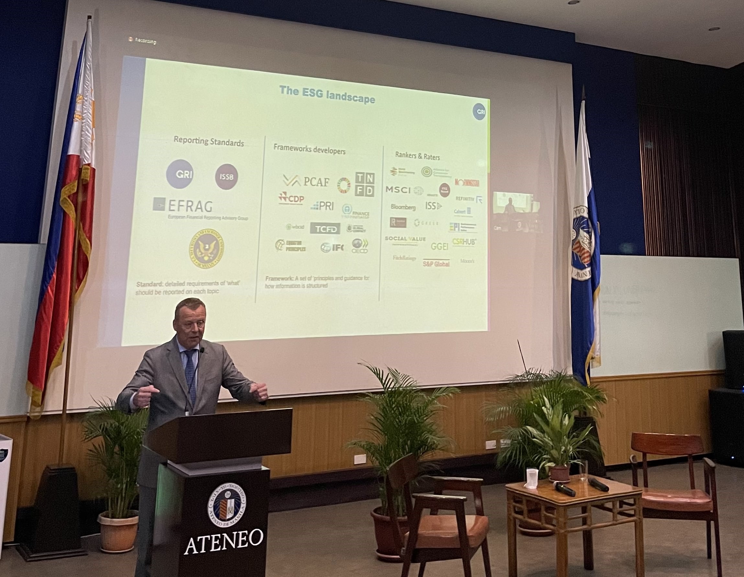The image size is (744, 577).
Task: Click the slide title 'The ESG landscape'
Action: [327, 95]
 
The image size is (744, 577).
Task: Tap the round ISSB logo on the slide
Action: [227, 177]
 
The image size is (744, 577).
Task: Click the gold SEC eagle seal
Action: [206, 249]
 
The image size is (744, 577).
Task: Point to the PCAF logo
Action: [306, 181]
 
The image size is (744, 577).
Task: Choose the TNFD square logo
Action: [365, 184]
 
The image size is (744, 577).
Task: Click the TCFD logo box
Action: [325, 229]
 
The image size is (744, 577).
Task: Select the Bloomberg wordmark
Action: [403, 207]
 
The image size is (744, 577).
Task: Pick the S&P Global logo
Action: [436, 263]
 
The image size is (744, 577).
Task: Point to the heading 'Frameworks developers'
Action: [309, 149]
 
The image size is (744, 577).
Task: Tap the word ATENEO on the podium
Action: [223, 546]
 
